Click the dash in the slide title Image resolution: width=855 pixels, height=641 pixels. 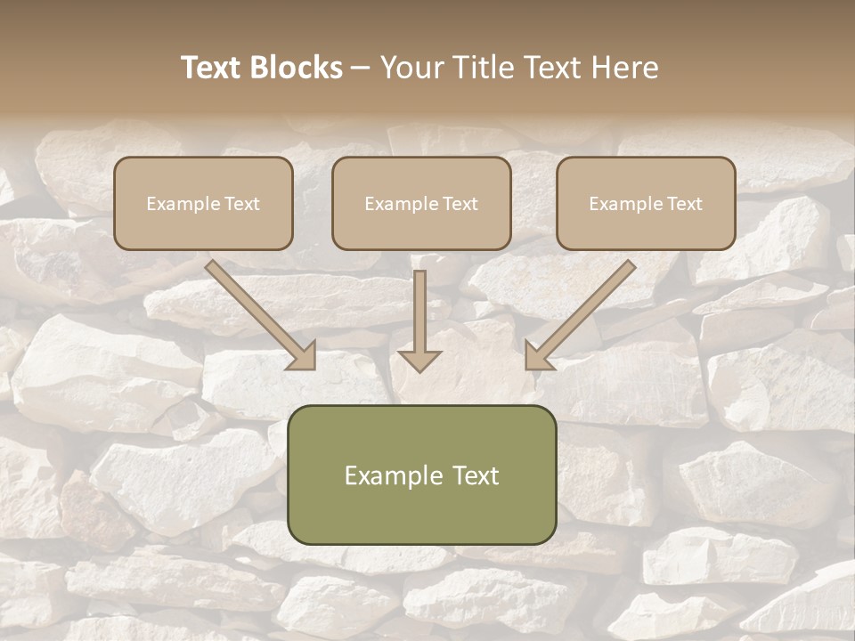tap(361, 69)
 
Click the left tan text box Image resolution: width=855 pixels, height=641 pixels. tap(203, 203)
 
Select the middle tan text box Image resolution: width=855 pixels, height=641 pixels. tap(421, 203)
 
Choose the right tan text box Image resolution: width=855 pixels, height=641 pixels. tap(646, 203)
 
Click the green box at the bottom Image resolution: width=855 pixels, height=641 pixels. tap(421, 475)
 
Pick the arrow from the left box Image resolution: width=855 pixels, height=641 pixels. tap(258, 312)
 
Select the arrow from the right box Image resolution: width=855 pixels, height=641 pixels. tap(583, 312)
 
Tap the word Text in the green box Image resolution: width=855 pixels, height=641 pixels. tap(476, 475)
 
